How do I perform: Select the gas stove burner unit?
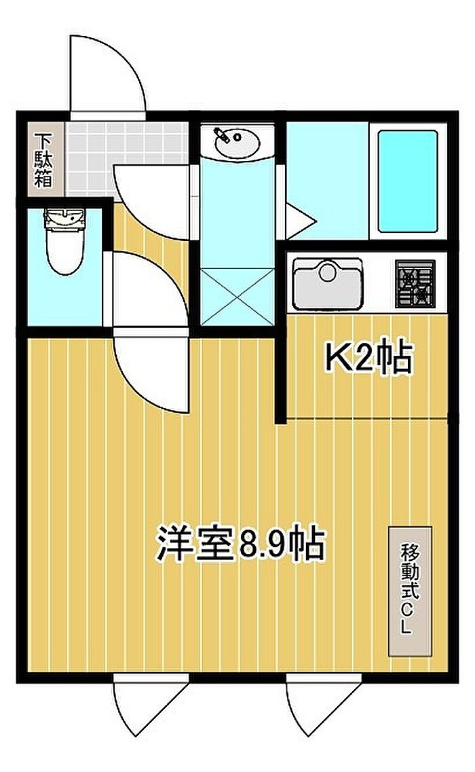click(x=415, y=284)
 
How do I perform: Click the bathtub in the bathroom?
click(x=408, y=181)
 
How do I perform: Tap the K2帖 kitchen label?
click(x=367, y=358)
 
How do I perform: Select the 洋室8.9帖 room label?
click(x=241, y=544)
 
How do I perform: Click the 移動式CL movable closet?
click(x=410, y=591)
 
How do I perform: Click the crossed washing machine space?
click(x=237, y=297)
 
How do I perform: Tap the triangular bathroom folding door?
click(x=300, y=221)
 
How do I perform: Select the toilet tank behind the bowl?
click(x=64, y=218)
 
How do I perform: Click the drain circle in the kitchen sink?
click(x=327, y=272)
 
